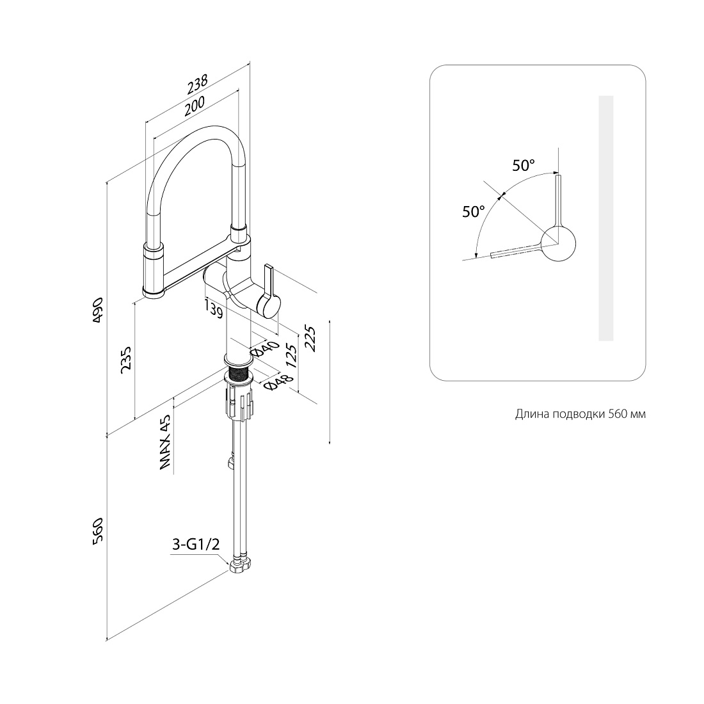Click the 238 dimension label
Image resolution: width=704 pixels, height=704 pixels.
[x=198, y=84]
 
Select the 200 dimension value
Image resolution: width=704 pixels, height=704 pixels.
[x=195, y=106]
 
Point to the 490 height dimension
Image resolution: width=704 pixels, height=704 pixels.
[x=98, y=310]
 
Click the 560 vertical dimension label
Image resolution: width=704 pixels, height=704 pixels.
[x=98, y=532]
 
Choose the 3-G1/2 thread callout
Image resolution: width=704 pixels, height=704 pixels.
[x=196, y=545]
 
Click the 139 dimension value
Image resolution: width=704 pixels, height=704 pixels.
[x=214, y=308]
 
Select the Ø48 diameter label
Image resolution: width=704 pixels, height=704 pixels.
[x=279, y=381]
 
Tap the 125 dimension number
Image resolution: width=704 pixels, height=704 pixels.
[x=292, y=356]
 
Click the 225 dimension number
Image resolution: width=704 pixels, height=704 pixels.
[x=310, y=339]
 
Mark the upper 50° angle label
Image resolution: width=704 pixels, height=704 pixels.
[x=524, y=165]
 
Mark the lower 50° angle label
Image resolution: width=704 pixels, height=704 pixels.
[x=474, y=211]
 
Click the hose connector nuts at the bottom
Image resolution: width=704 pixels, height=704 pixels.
[x=241, y=564]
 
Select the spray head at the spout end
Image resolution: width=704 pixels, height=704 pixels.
[x=154, y=269]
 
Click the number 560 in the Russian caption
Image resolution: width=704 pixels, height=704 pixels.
[x=618, y=413]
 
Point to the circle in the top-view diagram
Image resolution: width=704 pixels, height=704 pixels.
[x=558, y=244]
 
